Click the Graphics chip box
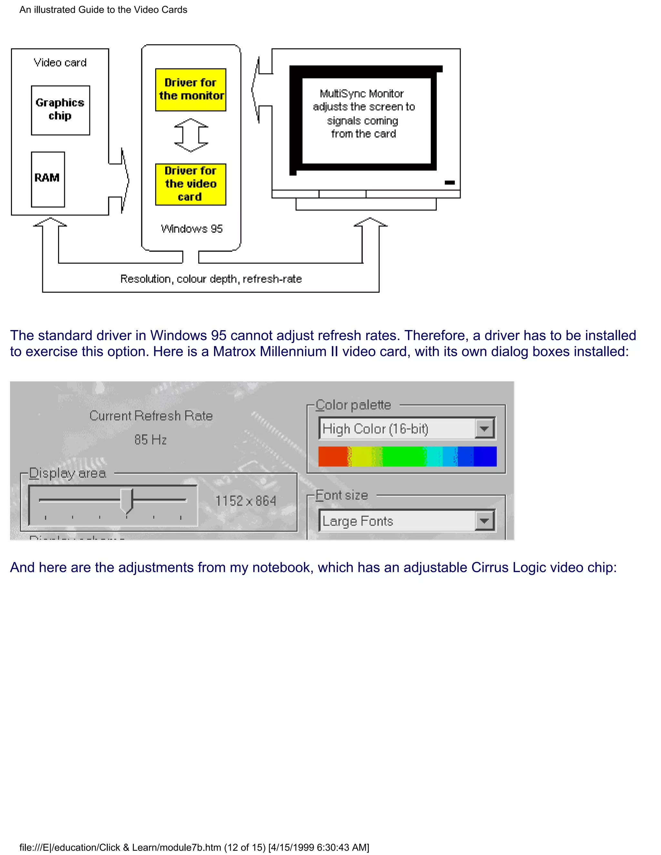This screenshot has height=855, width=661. (60, 110)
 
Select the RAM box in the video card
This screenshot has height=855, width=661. (48, 179)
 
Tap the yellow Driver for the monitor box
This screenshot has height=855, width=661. (191, 90)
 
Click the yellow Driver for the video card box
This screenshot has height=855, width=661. (191, 184)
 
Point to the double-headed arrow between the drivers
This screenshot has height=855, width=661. (191, 136)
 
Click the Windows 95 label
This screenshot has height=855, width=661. (191, 229)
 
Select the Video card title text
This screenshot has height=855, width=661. (60, 63)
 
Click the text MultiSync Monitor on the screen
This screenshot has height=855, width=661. (361, 94)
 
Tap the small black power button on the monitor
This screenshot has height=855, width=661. (450, 182)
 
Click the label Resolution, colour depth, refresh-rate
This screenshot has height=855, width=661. (211, 279)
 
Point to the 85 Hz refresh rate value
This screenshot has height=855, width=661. (150, 440)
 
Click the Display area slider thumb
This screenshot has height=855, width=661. (127, 501)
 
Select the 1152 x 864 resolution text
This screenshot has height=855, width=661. (246, 501)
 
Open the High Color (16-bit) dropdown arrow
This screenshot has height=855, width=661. (484, 429)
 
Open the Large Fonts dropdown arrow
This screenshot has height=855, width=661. (484, 521)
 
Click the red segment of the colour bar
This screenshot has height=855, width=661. (332, 457)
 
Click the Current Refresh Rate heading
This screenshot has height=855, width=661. (151, 416)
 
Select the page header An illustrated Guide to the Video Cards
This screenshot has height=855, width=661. (103, 10)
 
